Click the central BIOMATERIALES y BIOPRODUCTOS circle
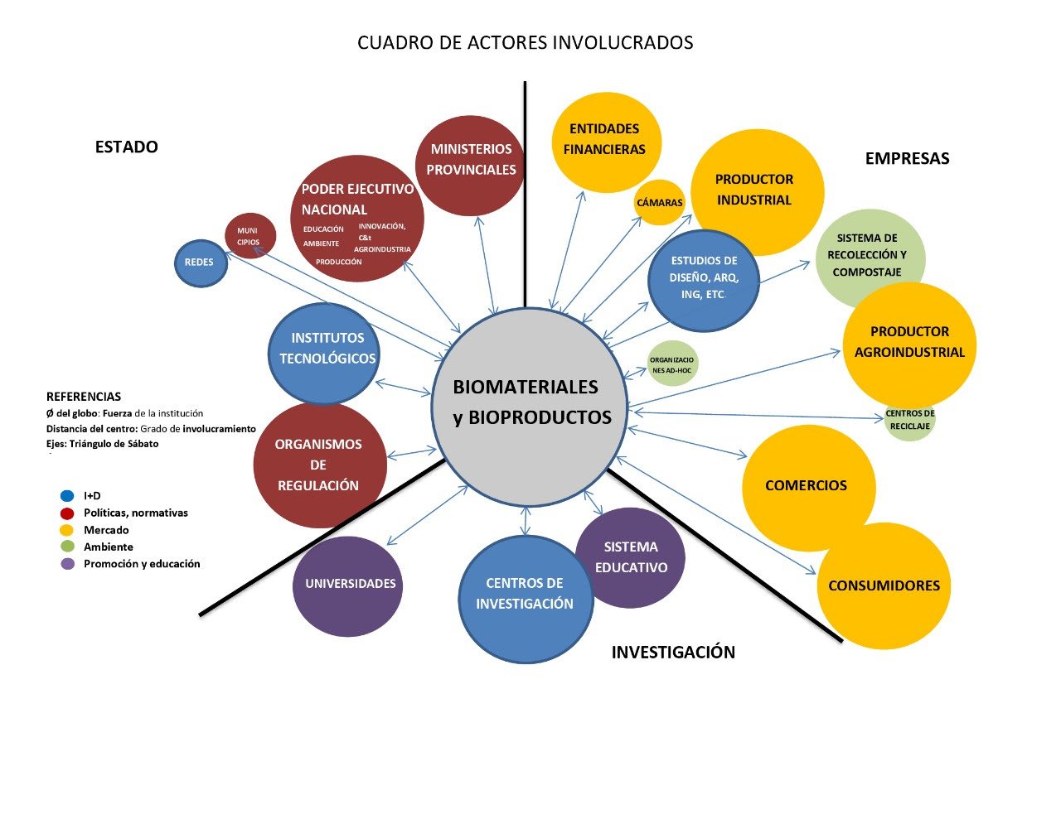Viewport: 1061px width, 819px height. click(x=529, y=407)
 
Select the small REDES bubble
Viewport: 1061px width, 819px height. click(x=201, y=263)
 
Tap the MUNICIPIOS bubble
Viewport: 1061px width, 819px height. click(x=250, y=236)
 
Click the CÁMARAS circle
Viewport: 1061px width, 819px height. click(x=660, y=203)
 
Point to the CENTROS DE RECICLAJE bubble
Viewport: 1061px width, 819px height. click(x=910, y=420)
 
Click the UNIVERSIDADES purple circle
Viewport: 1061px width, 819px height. click(x=348, y=585)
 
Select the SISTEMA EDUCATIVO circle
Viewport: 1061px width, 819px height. click(x=630, y=557)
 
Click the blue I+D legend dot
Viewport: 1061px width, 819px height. click(x=68, y=496)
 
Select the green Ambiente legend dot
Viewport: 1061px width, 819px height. click(x=68, y=547)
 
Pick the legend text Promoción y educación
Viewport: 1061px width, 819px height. click(x=142, y=564)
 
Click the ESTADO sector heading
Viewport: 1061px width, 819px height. click(x=126, y=147)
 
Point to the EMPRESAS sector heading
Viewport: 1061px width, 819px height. click(x=907, y=159)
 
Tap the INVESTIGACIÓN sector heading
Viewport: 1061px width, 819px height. click(x=673, y=653)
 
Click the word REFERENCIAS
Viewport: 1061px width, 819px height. click(x=84, y=397)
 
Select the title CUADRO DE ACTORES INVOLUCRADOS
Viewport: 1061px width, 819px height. click(x=525, y=43)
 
